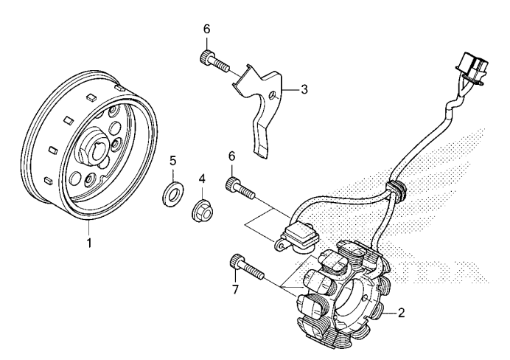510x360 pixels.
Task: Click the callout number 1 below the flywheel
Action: (89, 241)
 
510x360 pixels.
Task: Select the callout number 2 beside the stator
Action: (401, 313)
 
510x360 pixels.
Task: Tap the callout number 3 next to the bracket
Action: (304, 89)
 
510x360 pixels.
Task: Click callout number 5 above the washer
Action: (173, 160)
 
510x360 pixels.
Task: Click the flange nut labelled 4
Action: (201, 210)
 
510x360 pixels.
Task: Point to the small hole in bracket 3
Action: (273, 94)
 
